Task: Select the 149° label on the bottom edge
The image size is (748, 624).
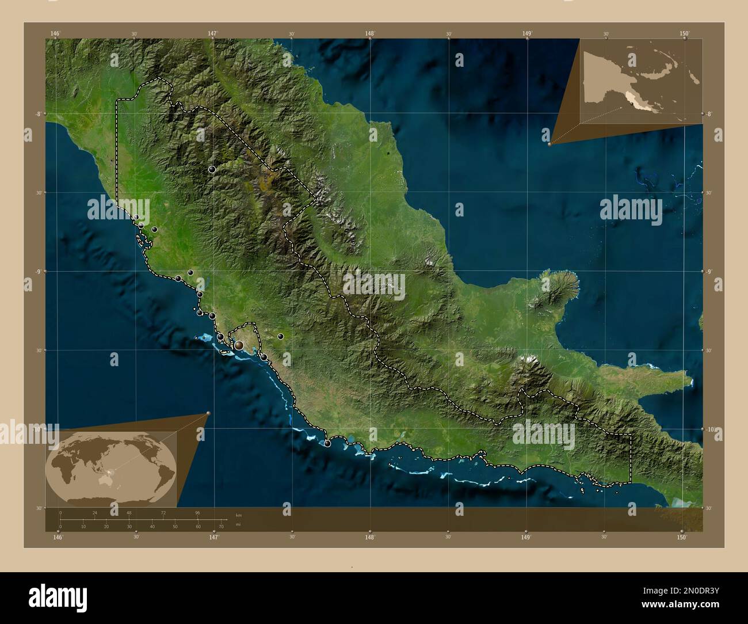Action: pos(525,537)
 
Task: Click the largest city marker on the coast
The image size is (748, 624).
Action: pos(239,345)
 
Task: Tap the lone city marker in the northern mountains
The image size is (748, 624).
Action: pos(212,169)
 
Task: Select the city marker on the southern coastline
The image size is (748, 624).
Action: pos(327,443)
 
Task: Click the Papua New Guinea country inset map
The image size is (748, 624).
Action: pos(642,81)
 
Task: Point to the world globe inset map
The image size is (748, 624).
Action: pos(111,469)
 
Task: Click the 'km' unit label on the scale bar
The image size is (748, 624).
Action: pos(239,514)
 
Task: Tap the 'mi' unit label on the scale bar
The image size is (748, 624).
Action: pos(238,524)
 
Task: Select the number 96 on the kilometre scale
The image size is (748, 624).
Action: pos(197,512)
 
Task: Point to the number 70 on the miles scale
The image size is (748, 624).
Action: pos(221,527)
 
